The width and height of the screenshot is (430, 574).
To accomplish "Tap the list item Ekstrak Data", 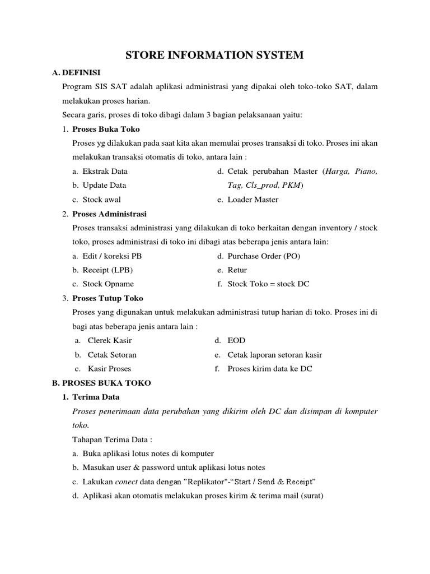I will (x=105, y=171).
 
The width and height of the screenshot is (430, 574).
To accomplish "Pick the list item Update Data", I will (x=104, y=185).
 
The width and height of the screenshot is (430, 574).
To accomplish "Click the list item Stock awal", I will (x=101, y=199).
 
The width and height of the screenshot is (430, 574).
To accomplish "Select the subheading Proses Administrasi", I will (x=110, y=214).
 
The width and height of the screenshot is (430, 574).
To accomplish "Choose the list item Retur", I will (x=237, y=270).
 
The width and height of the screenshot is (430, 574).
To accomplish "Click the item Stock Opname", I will (x=108, y=284).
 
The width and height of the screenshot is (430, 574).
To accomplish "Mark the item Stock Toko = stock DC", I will (x=268, y=284).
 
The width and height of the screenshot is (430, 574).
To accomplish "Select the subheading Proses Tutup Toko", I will (x=108, y=298).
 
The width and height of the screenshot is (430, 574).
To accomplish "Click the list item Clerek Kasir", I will (x=110, y=340).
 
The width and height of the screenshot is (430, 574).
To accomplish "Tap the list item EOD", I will (x=236, y=340).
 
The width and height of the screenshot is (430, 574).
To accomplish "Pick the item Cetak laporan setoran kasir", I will (x=275, y=355).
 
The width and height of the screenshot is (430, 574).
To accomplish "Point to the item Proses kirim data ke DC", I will (x=270, y=369).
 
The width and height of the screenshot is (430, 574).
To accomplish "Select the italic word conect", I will (x=126, y=482).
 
